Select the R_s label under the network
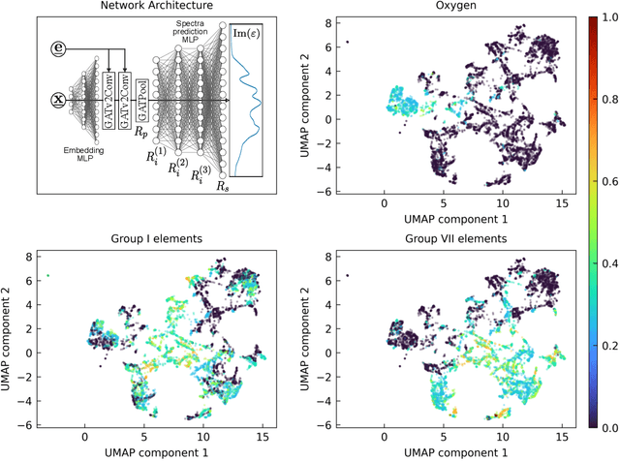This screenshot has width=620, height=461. (224, 185)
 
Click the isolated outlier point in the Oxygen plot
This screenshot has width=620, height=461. (347, 42)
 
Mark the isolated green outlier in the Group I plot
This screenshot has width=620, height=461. (47, 276)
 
